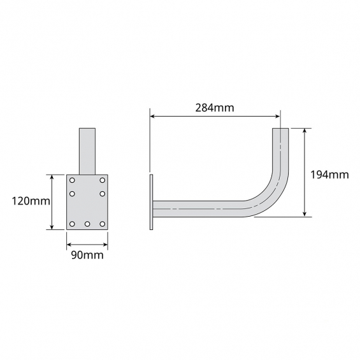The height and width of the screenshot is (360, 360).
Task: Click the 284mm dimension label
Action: click(x=215, y=108)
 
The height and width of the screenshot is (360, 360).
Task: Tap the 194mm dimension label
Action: click(x=329, y=175)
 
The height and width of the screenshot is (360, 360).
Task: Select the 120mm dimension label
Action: click(x=31, y=201)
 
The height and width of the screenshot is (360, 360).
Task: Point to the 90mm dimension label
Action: click(x=87, y=255)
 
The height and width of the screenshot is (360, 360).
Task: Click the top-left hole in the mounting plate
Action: click(x=72, y=180)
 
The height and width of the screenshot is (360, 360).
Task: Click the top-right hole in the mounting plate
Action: click(x=103, y=180)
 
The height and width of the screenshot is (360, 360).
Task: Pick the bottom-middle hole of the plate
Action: click(x=87, y=224)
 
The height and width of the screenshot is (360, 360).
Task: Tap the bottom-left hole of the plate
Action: click(x=72, y=224)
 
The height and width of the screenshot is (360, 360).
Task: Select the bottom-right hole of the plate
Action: click(x=103, y=224)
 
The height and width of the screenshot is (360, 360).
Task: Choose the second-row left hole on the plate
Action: click(x=72, y=194)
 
